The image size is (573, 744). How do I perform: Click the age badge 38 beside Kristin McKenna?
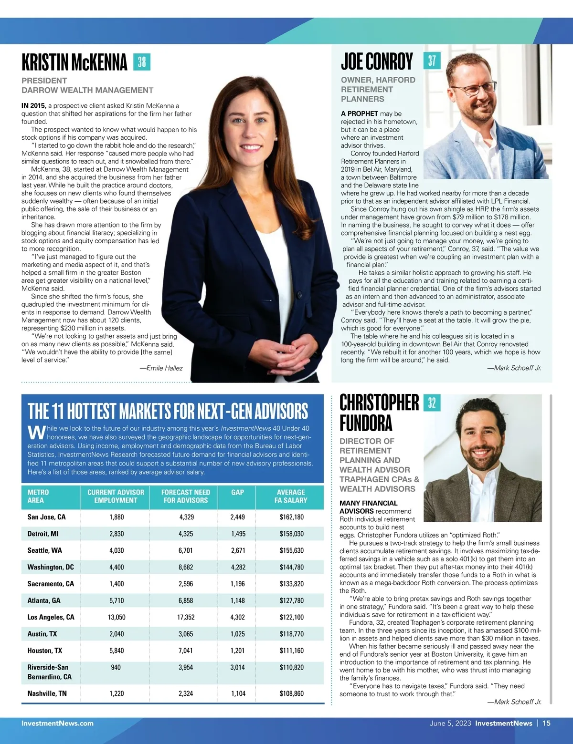(x=142, y=62)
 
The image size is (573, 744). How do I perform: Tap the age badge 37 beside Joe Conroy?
(x=432, y=61)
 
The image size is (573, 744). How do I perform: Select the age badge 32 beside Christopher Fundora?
(x=432, y=403)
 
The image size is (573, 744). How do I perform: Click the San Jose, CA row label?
(x=46, y=517)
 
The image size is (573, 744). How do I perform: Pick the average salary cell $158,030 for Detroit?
(x=291, y=534)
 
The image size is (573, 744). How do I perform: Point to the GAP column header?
(x=237, y=492)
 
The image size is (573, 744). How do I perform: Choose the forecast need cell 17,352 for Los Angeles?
(x=186, y=617)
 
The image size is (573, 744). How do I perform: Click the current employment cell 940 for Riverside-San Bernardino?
(x=116, y=667)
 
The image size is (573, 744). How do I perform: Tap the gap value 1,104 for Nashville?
(x=238, y=693)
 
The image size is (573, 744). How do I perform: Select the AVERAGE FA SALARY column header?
(x=291, y=496)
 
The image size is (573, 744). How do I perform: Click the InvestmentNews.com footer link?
(x=57, y=723)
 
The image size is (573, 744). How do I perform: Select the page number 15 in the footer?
(x=546, y=723)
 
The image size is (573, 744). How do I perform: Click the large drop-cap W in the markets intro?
(x=36, y=432)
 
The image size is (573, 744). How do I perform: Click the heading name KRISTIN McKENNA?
(x=74, y=62)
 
